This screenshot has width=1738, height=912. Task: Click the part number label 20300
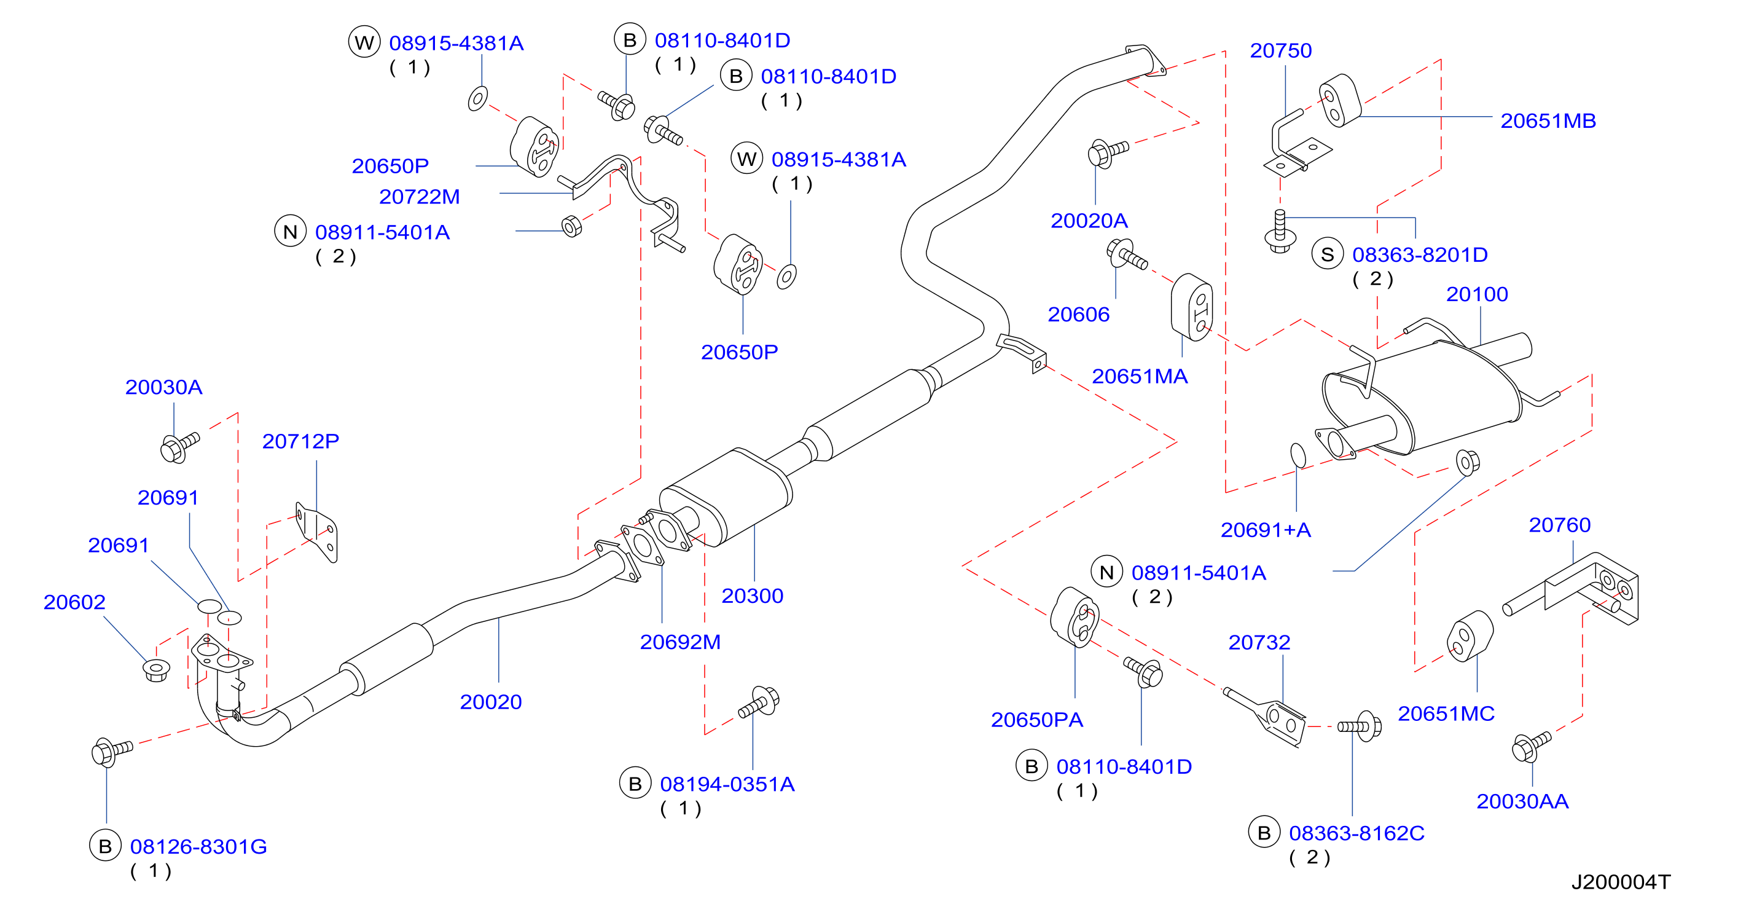753,596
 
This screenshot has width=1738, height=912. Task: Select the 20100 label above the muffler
1477,294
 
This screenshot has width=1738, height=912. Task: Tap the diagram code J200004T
1621,882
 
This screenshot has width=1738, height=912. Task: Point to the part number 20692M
680,642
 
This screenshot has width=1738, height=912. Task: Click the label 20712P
300,441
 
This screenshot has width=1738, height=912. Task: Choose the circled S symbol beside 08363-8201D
1328,254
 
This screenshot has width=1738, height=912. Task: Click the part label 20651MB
1548,121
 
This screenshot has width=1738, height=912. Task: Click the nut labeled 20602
156,670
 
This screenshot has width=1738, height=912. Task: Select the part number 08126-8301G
198,846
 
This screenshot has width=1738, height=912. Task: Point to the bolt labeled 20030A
179,447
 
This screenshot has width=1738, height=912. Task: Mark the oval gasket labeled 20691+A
1298,455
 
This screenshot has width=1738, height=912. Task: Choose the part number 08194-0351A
727,784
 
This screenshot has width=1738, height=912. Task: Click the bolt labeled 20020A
1107,152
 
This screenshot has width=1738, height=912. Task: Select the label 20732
1259,642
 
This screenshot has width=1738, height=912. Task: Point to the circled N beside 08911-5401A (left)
290,232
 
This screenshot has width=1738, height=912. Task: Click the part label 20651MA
1140,376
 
